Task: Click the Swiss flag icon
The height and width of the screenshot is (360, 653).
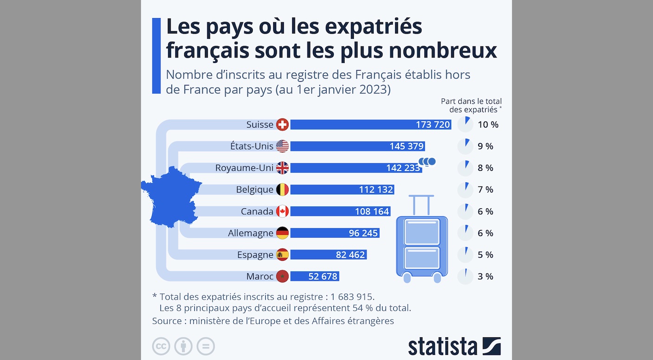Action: pyautogui.click(x=282, y=124)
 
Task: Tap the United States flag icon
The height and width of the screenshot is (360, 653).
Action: pyautogui.click(x=282, y=146)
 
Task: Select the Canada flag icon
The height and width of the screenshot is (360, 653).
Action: pyautogui.click(x=282, y=212)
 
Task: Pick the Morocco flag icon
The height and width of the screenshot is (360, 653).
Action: pyautogui.click(x=282, y=276)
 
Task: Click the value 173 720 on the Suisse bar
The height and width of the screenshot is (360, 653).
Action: pyautogui.click(x=433, y=124)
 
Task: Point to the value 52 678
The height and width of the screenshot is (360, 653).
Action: pyautogui.click(x=323, y=276)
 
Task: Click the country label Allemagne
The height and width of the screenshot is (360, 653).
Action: pyautogui.click(x=250, y=233)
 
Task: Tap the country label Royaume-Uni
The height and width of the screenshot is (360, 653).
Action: pyautogui.click(x=244, y=168)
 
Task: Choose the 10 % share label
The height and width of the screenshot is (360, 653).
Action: pyautogui.click(x=488, y=124)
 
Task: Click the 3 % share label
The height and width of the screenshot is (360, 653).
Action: pyautogui.click(x=485, y=276)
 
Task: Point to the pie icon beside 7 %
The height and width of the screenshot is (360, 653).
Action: pyautogui.click(x=465, y=190)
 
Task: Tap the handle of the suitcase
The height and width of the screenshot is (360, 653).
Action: pyautogui.click(x=421, y=204)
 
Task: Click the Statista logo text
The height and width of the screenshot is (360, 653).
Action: pyautogui.click(x=442, y=347)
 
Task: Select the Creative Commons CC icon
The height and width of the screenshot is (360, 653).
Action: pyautogui.click(x=161, y=346)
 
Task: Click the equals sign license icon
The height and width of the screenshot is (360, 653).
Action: pyautogui.click(x=205, y=346)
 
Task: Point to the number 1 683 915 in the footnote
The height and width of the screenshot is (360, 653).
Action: pyautogui.click(x=352, y=296)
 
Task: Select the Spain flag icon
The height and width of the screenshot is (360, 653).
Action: pyautogui.click(x=282, y=255)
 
